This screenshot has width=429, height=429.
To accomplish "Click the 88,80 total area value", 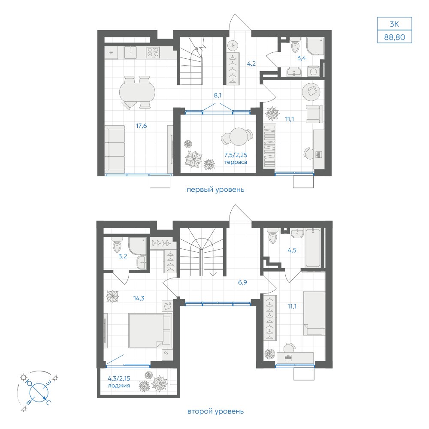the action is tap(394, 37).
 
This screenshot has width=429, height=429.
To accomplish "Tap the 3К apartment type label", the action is tap(394, 24).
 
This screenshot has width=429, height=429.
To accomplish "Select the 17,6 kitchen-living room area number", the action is tap(142, 126).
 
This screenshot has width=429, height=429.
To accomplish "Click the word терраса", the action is tap(236, 162).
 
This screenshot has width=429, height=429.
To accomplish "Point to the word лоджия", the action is tap(119, 386).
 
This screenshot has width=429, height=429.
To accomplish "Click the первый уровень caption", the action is tap(215, 189).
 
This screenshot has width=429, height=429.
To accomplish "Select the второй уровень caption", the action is tap(215, 411).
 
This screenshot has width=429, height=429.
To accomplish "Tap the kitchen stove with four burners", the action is tap(153, 52).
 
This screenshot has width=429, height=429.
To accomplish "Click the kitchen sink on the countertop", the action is tap(131, 52).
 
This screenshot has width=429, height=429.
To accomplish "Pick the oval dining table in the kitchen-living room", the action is tap(137, 92).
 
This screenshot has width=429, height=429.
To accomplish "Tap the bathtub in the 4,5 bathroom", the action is tap(313, 248).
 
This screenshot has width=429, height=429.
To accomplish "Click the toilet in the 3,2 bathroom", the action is tap(117, 245).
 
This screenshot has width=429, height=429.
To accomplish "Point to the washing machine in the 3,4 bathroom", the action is tap(313, 71).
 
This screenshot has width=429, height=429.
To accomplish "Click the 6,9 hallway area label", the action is tap(242, 282).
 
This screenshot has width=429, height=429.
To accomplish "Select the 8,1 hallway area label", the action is tap(218, 96).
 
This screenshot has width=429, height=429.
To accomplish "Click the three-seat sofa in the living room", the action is tap(115, 149).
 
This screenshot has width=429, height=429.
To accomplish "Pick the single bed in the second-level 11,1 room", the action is tap(314, 313).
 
